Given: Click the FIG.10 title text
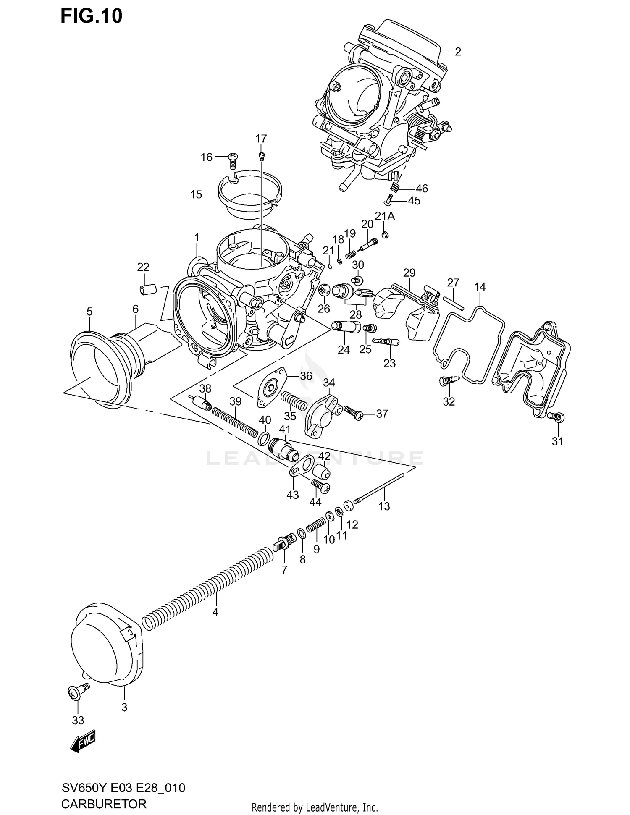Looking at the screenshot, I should point(92,16).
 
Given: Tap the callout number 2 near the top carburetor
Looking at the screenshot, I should point(458,52).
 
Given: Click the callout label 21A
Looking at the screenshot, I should point(385,216).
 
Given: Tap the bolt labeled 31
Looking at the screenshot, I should point(556,417).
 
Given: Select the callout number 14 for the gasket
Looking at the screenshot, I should point(480,287).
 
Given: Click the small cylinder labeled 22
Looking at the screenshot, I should point(148,289).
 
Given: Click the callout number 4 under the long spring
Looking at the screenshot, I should point(215,612).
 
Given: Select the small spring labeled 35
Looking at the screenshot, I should point(294,401).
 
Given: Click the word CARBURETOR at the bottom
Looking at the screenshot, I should point(104,804).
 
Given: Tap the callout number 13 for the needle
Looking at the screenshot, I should point(384,506).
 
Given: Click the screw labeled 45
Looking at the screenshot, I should point(389,199).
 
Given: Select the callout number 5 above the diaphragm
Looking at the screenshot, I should point(89,312).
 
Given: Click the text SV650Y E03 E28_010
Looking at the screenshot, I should point(123,788).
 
